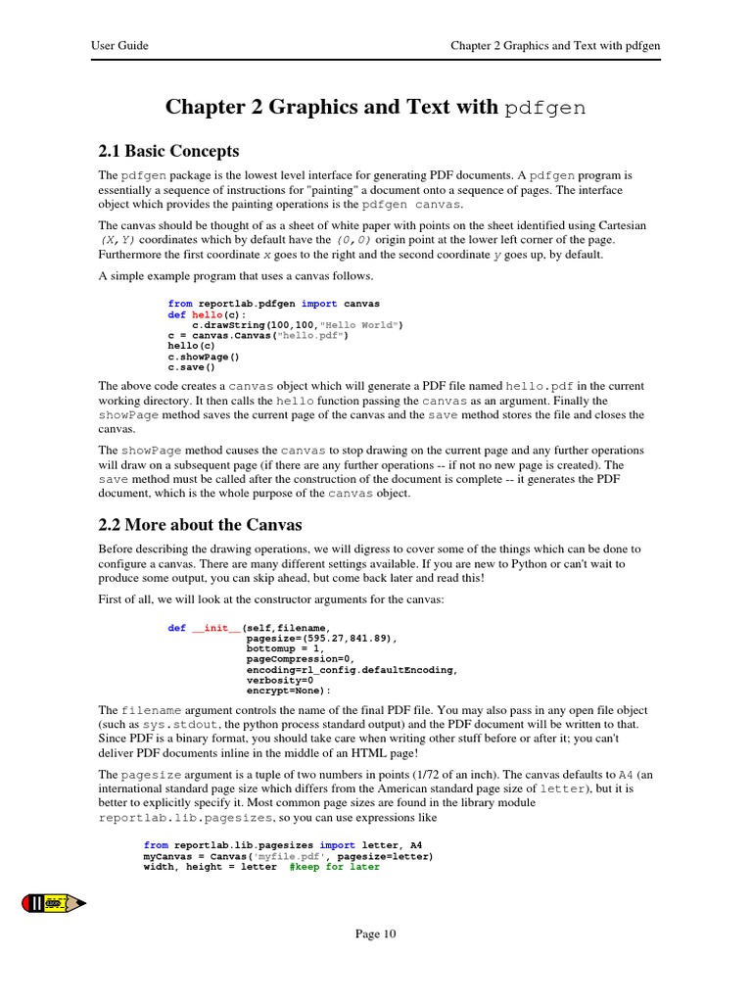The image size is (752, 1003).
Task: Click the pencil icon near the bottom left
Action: coord(54,901)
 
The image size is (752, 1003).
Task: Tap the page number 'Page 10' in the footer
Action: coord(375,934)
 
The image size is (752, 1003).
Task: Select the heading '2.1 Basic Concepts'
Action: coord(168,151)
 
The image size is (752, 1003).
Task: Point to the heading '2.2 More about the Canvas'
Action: coord(200,524)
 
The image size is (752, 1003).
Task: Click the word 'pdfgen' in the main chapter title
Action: coord(545,109)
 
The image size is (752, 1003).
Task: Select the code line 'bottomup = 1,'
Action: coord(284,648)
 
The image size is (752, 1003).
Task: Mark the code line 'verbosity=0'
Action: coord(280,679)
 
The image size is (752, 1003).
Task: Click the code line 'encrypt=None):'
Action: coord(289,690)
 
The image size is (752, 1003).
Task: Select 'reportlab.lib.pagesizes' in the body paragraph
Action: coord(188,817)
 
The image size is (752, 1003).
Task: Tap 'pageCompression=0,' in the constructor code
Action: coord(302,659)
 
